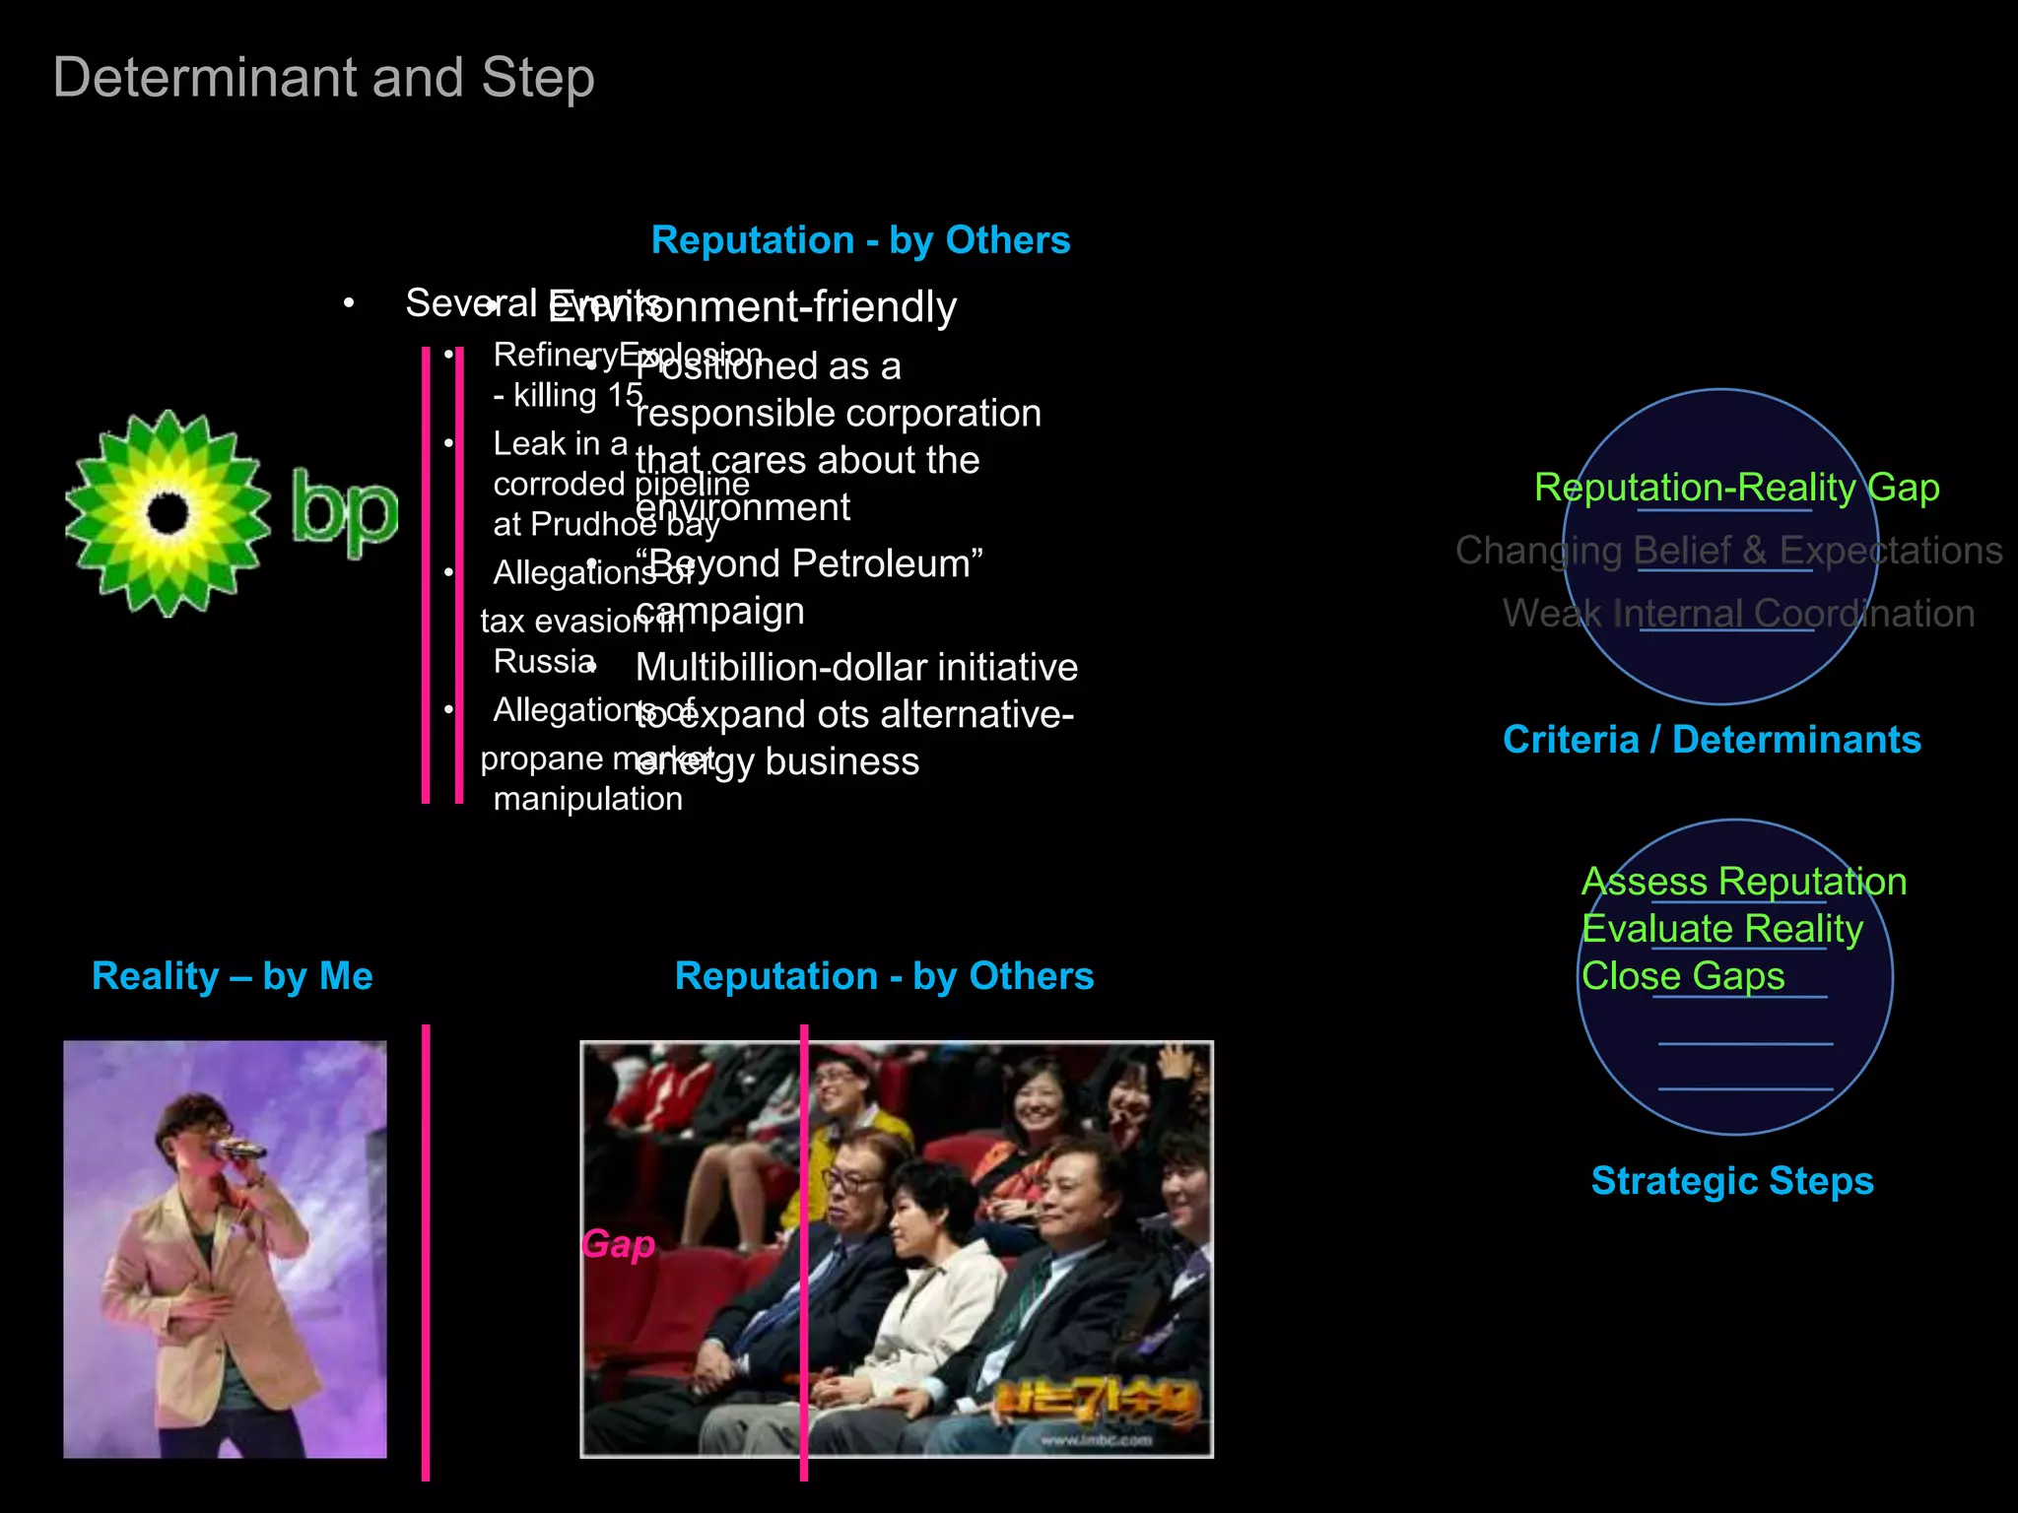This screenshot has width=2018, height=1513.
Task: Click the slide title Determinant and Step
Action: pos(323,78)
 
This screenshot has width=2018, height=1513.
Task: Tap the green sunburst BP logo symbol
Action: pos(168,513)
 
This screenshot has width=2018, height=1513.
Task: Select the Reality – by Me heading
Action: pos(232,976)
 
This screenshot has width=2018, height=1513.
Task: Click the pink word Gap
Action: pos(618,1244)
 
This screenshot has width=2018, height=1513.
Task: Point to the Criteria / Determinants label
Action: pos(1712,740)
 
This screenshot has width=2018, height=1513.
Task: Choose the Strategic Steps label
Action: pos(1732,1180)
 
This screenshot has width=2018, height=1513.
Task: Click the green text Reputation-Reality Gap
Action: pos(1736,488)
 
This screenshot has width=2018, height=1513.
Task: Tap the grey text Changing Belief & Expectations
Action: pos(1728,551)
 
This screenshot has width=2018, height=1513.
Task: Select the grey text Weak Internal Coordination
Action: pos(1738,614)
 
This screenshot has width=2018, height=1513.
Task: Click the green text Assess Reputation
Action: pos(1743,882)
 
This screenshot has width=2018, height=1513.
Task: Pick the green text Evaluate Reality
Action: pos(1721,929)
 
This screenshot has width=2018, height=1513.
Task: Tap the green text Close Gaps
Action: pos(1683,976)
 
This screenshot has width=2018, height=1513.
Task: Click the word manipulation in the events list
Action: pos(587,799)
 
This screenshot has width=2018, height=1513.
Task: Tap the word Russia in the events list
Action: pos(543,661)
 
